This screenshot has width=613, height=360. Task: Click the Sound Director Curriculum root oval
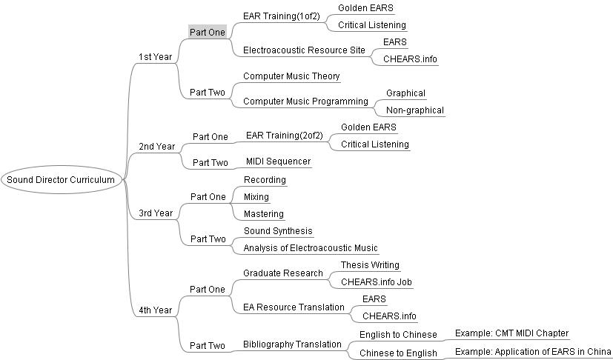pyautogui.click(x=61, y=180)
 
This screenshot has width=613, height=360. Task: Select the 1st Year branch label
pyautogui.click(x=155, y=57)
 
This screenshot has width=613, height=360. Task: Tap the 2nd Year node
pyautogui.click(x=156, y=147)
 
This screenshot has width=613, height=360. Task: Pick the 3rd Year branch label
pyautogui.click(x=156, y=213)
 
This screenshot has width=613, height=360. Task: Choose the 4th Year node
pyautogui.click(x=155, y=310)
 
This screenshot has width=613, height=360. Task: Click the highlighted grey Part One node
pyautogui.click(x=208, y=32)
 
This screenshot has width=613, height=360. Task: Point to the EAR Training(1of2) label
pyautogui.click(x=282, y=16)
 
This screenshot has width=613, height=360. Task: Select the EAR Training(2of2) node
pyautogui.click(x=285, y=136)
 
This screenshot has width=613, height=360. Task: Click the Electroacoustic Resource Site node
pyautogui.click(x=304, y=50)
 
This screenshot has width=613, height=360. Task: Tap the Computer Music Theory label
pyautogui.click(x=291, y=76)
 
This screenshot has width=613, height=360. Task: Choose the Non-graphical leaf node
pyautogui.click(x=415, y=110)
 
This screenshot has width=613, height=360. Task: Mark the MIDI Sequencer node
pyautogui.click(x=279, y=161)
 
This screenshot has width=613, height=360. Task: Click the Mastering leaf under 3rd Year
pyautogui.click(x=263, y=214)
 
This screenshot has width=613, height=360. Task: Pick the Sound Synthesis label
pyautogui.click(x=278, y=231)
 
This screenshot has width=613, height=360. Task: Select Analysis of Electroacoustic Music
pyautogui.click(x=311, y=248)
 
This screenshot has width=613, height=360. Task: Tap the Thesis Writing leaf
pyautogui.click(x=370, y=265)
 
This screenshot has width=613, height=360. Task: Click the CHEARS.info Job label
pyautogui.click(x=376, y=282)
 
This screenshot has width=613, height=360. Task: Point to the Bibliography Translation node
pyautogui.click(x=292, y=344)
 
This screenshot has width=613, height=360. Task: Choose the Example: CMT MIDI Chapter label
pyautogui.click(x=511, y=333)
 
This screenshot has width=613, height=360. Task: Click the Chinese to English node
pyautogui.click(x=398, y=353)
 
